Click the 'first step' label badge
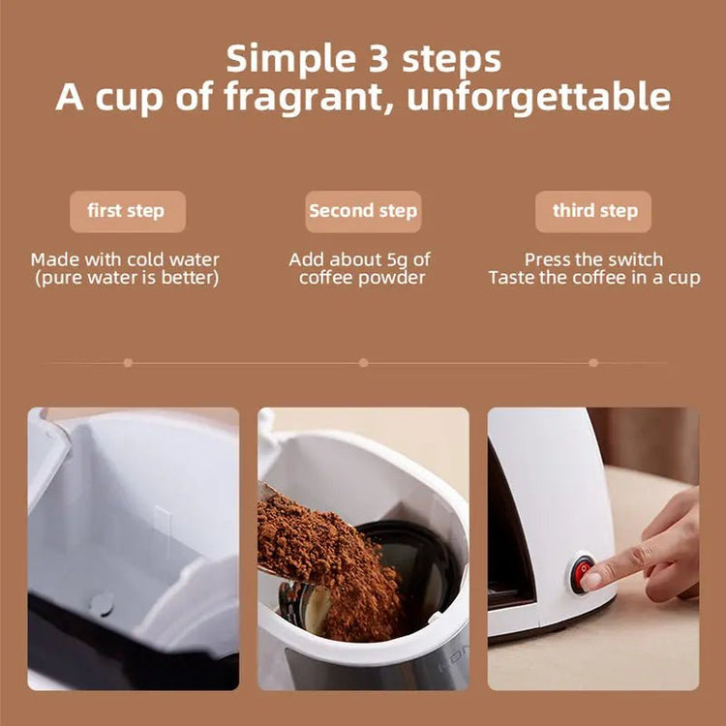coord(126,211)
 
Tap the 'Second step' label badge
coord(363,211)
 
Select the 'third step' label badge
coord(593,211)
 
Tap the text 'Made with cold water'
coord(125,259)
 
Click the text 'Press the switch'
coord(593,259)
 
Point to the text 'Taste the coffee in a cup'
coord(593,278)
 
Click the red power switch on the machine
coord(583,573)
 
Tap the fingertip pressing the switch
coord(592,579)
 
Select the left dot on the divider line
coord(128,362)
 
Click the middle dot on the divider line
coord(363,362)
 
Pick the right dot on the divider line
coord(593,362)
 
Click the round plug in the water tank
coord(101,604)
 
